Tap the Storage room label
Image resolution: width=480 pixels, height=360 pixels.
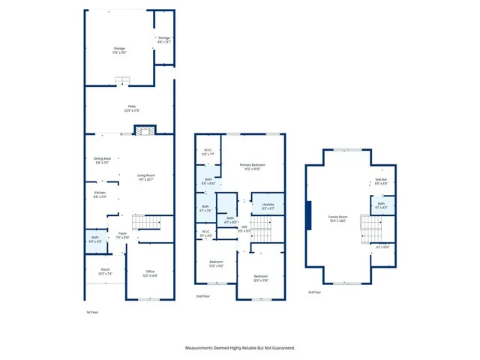164,39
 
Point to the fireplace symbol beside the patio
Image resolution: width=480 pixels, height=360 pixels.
143,130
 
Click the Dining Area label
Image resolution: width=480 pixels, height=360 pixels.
102,160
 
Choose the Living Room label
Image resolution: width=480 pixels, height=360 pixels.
145,177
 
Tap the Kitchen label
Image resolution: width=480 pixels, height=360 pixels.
99,194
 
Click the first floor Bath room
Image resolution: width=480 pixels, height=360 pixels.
94,239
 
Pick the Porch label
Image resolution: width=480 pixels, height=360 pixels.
105,272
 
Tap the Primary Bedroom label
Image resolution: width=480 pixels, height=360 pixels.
253,166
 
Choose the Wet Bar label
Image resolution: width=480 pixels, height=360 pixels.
381,181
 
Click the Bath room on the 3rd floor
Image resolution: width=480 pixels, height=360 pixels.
382,205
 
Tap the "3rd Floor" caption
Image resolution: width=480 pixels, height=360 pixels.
316,292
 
